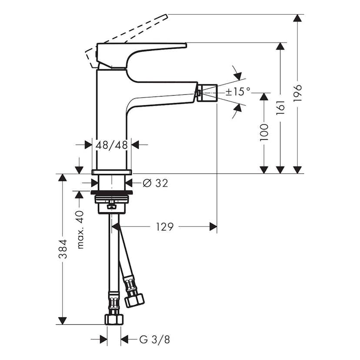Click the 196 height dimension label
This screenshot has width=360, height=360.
(x=297, y=94)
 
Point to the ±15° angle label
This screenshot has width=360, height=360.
(x=238, y=92)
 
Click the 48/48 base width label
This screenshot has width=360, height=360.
(x=112, y=145)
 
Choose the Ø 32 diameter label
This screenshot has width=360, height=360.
(x=155, y=183)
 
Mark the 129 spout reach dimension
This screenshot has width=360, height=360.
(x=165, y=227)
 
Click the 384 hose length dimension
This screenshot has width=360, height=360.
(x=63, y=250)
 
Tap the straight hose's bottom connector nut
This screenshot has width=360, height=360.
(x=113, y=318)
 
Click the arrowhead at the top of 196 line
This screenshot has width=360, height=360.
(x=297, y=18)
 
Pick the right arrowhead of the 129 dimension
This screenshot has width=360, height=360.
(x=213, y=227)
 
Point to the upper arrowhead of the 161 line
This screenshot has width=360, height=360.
(x=281, y=47)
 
